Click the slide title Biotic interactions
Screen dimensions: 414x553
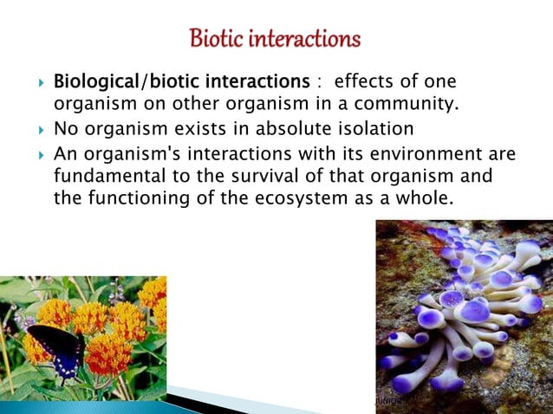pyautogui.click(x=275, y=40)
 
